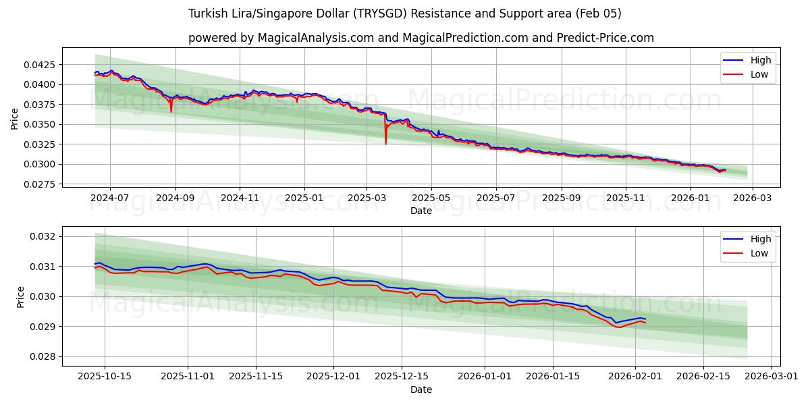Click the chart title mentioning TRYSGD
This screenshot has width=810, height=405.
[x=405, y=13]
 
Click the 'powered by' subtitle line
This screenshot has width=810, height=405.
[x=421, y=38]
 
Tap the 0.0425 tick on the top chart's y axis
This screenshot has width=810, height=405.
[x=40, y=65]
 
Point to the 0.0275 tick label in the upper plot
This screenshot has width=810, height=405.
[x=40, y=184]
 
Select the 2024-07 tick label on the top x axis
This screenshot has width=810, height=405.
[x=110, y=198]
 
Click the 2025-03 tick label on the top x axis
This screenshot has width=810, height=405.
[x=367, y=198]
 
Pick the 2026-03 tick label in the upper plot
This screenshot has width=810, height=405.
[x=753, y=198]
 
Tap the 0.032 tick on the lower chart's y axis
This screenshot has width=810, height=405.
[x=44, y=236]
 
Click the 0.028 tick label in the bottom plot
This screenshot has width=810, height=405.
[x=44, y=356]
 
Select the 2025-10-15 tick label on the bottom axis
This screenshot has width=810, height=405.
[x=104, y=377]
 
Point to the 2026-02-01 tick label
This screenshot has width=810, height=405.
[x=635, y=377]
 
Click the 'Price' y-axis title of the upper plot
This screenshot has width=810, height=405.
[x=15, y=119]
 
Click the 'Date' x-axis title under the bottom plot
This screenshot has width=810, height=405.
[x=421, y=389]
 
